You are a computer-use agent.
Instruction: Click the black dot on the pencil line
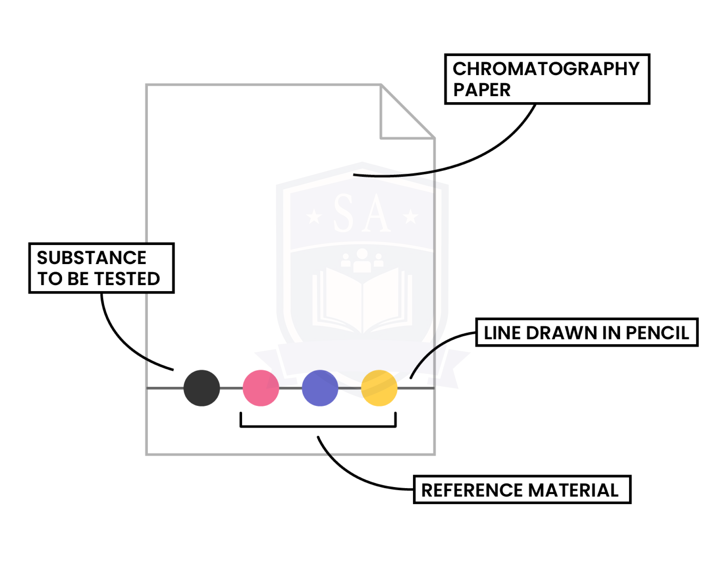(202, 388)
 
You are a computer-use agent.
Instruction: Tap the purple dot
(320, 388)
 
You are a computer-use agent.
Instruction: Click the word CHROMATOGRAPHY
(546, 69)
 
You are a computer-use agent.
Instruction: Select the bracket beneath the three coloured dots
(318, 426)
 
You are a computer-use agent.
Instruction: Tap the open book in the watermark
(362, 300)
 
